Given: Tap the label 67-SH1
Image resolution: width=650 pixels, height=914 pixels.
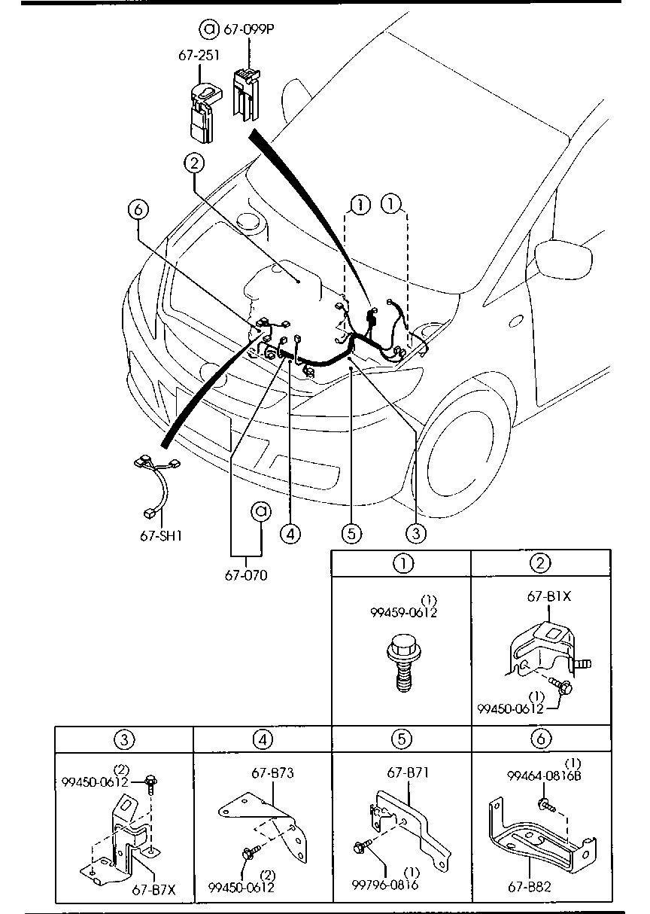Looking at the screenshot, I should [161, 536].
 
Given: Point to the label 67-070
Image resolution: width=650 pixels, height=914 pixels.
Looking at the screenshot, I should [245, 576].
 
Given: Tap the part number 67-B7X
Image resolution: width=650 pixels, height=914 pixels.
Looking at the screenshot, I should [153, 889].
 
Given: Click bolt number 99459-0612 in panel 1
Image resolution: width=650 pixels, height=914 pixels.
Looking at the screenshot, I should [403, 612].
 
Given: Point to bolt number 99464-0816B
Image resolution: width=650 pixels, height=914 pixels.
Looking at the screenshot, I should [544, 776].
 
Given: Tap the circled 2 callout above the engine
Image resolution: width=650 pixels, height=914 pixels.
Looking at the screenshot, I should [194, 161].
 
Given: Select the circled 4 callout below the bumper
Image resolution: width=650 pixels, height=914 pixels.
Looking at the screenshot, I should [290, 533].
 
